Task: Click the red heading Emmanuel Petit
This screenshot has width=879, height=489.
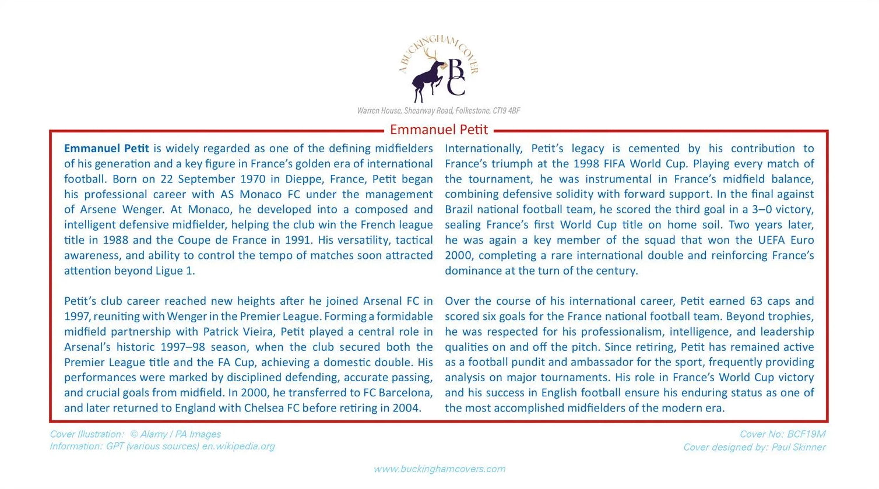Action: (x=439, y=129)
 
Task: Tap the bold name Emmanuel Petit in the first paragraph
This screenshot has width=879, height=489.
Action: (x=107, y=149)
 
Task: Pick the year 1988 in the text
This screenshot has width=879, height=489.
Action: (x=115, y=240)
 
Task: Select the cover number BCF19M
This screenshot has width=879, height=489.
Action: (x=806, y=434)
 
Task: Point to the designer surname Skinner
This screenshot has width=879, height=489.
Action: (x=807, y=448)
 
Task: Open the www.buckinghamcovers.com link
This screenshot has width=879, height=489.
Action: (x=439, y=469)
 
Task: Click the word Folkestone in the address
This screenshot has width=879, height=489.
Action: (x=472, y=111)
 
